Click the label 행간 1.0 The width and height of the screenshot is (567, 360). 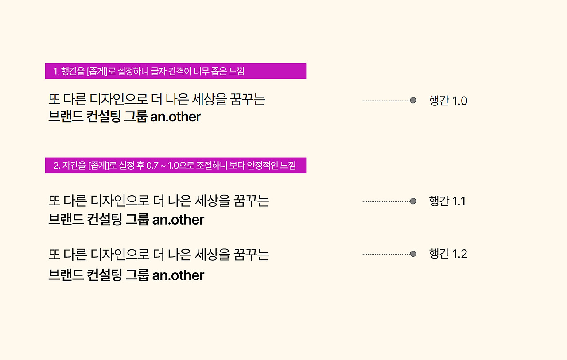pos(448,101)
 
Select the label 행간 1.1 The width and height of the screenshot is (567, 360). pos(447,201)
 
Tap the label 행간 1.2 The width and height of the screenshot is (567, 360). pos(448,254)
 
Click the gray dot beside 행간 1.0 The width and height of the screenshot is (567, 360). pos(413,101)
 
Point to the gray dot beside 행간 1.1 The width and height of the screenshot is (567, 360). pos(413,201)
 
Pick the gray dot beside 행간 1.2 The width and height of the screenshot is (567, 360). pos(413,254)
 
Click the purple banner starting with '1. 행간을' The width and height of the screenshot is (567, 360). pos(175,71)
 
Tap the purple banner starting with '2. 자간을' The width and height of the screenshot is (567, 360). pos(175,166)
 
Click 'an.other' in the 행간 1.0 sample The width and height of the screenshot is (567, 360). pos(175,117)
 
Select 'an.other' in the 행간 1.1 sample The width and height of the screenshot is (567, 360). pos(178,220)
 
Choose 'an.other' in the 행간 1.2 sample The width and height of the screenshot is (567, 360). pos(178,275)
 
